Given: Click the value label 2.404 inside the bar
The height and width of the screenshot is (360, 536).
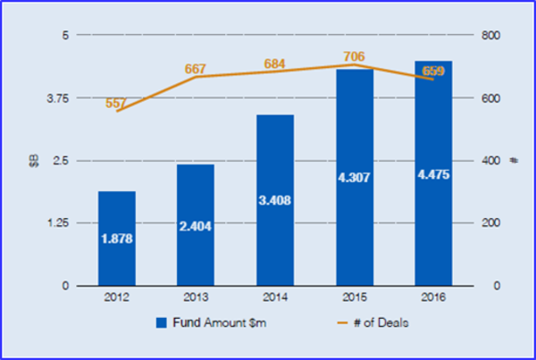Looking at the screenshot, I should pos(196,227).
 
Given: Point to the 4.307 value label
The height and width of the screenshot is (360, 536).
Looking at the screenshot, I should pos(354,177).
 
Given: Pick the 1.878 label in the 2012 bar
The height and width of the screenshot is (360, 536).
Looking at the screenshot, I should pos(117,239).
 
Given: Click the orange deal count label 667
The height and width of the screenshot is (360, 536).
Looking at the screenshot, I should pos(196,68).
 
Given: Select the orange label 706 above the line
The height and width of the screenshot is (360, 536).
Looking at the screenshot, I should pos(354,56).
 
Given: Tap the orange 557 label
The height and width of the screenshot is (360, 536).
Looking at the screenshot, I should pos(117,103).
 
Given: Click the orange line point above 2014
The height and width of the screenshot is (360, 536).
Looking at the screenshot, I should pos(275,71).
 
